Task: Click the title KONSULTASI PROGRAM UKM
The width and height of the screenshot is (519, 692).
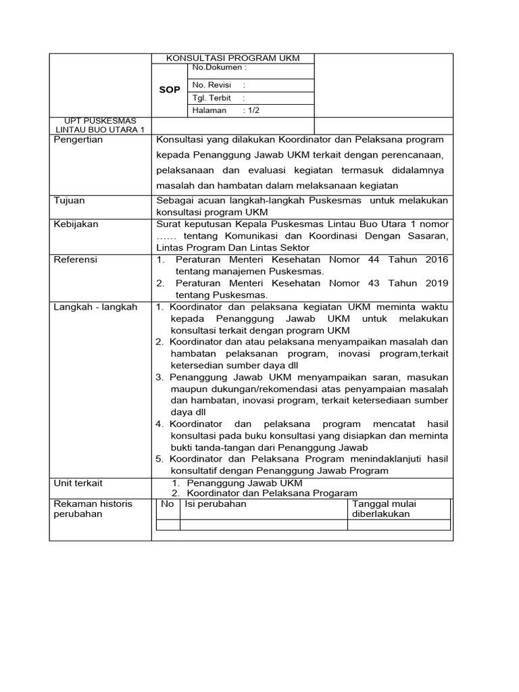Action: point(232,58)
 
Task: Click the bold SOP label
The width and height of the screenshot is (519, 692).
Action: point(169,90)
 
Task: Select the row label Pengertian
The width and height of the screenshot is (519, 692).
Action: point(78,140)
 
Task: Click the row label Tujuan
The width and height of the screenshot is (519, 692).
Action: point(70,201)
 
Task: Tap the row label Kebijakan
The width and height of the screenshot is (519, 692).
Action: point(76,224)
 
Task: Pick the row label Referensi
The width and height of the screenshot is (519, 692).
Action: point(76,259)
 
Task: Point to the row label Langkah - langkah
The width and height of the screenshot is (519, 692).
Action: point(95,307)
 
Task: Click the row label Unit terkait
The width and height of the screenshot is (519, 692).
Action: point(78,483)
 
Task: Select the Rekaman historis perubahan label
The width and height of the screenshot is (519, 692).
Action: point(93,509)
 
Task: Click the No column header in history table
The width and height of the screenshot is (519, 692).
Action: point(167,504)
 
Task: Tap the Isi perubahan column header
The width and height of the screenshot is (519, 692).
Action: point(216,504)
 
